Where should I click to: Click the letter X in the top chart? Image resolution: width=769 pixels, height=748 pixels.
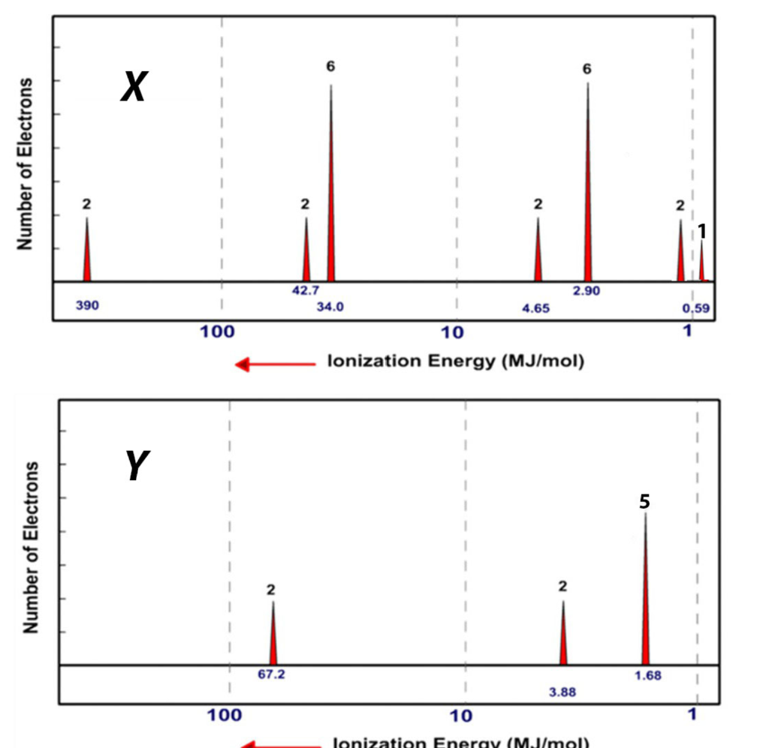tap(134, 89)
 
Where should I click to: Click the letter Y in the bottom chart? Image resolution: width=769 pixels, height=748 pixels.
tap(135, 467)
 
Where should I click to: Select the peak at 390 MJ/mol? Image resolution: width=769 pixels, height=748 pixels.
tap(87, 255)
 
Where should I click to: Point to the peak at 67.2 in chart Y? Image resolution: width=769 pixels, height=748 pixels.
tap(273, 638)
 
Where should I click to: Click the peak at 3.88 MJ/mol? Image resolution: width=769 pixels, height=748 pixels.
tap(562, 638)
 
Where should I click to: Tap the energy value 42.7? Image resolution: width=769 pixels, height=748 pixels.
tap(306, 291)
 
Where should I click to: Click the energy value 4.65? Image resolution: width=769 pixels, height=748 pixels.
tap(537, 307)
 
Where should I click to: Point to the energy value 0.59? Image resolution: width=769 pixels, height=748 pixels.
tap(696, 307)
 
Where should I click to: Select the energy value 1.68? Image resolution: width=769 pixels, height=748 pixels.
tap(648, 675)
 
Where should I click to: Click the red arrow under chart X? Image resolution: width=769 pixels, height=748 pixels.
tap(275, 365)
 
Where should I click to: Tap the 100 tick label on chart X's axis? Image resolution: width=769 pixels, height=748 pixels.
tap(217, 331)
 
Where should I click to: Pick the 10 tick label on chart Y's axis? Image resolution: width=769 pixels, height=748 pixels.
tap(461, 716)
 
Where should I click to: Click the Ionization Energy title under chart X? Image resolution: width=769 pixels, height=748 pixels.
tap(456, 362)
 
